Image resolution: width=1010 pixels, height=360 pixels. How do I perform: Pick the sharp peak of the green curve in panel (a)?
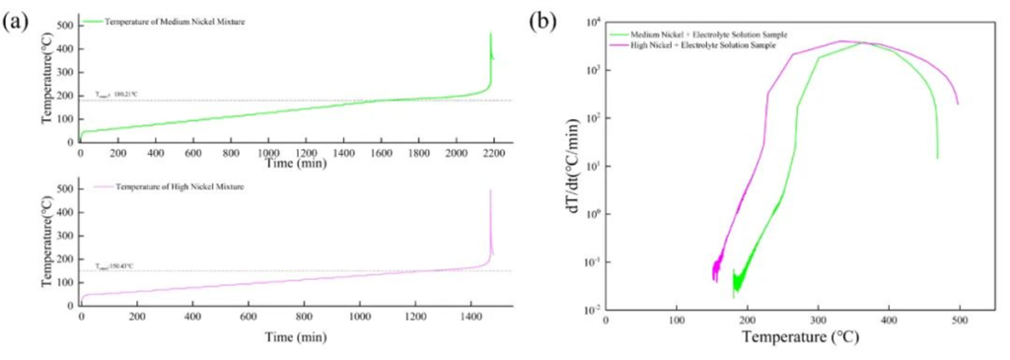point(490,34)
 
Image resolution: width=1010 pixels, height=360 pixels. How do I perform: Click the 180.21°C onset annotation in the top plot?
point(116,95)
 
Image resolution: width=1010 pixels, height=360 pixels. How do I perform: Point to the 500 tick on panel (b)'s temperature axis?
point(960,322)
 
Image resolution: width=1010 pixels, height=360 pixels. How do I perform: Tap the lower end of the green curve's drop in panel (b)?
point(937,158)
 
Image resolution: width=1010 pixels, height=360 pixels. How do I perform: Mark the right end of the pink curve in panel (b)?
point(958,104)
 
